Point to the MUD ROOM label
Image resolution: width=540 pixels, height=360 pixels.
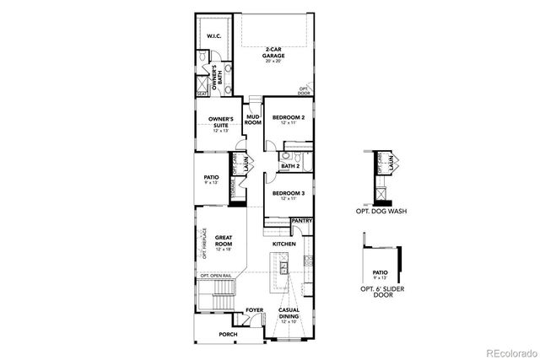coord(252,120)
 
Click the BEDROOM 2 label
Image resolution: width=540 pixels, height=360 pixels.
coord(289,120)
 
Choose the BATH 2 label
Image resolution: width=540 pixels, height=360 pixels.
coord(291,166)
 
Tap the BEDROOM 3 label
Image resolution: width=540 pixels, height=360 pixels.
coord(289,196)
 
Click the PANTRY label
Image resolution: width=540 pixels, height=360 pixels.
coord(301,221)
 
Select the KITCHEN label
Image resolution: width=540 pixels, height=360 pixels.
coord(283,243)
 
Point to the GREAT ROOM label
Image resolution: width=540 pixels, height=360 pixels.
coord(224,243)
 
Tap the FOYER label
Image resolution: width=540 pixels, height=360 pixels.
coord(254,311)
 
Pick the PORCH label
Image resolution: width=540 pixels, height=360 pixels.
coord(228,335)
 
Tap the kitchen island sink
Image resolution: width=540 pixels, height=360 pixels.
coord(285,266)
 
